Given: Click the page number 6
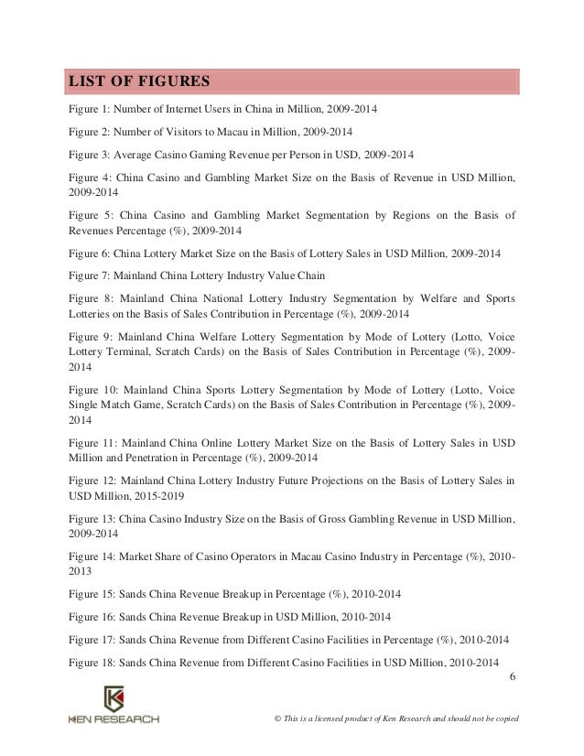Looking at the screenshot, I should (x=511, y=677).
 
